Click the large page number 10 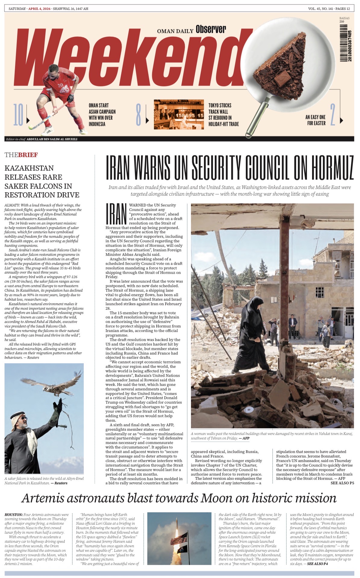pos(18,115)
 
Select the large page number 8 pos(138,115)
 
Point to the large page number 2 pos(333,115)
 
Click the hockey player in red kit pos(60,96)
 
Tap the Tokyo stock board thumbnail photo pos(179,114)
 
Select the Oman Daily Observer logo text pos(191,30)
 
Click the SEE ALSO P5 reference pos(342,483)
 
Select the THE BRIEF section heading pos(21,155)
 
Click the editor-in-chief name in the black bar pos(52,139)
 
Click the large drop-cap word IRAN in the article pos(116,214)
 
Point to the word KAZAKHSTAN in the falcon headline pos(29,168)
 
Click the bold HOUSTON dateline pos(14,514)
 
